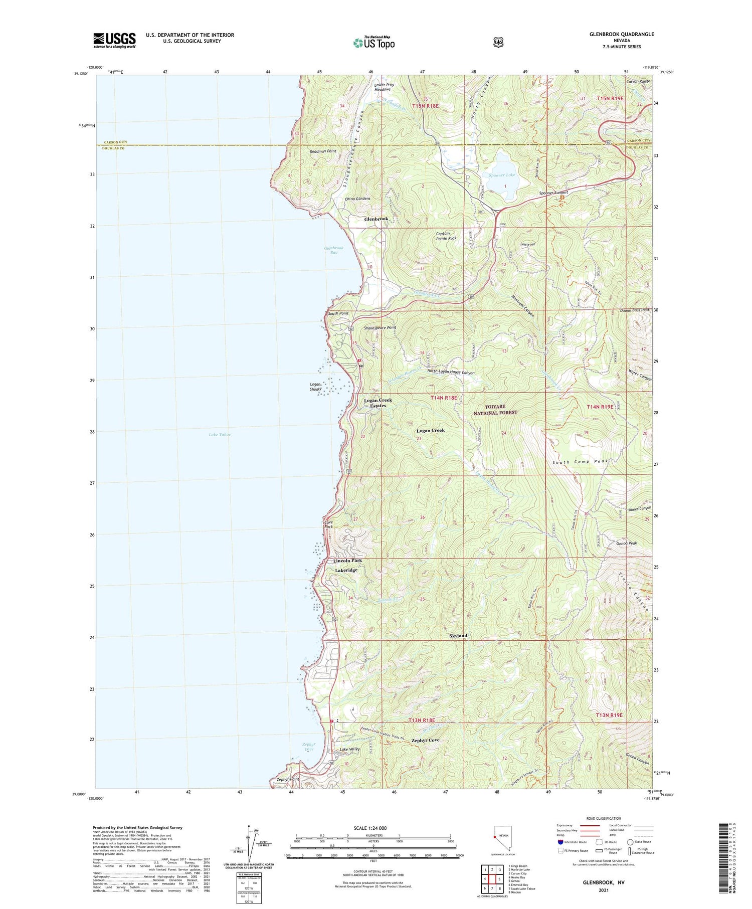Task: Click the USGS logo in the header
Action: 114,40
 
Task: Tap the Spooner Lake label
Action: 502,175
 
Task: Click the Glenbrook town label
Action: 375,219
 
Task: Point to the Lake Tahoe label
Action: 220,435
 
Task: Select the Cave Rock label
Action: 328,524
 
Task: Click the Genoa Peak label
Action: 626,543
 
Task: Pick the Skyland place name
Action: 458,636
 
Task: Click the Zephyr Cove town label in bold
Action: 425,740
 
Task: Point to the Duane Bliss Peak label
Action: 631,310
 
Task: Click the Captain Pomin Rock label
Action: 446,236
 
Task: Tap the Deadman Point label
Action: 323,151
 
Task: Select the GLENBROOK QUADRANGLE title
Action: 622,34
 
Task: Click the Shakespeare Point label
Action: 380,328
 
